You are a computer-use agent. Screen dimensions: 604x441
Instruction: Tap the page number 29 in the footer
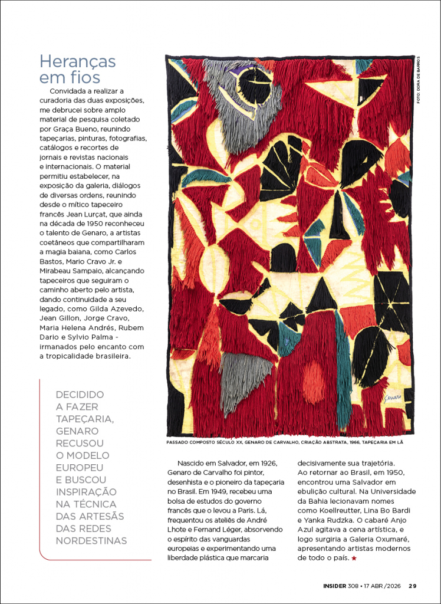pyautogui.click(x=413, y=586)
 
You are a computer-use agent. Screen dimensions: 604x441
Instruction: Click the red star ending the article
pyautogui.click(x=354, y=557)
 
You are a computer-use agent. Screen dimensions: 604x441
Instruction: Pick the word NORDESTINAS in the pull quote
pyautogui.click(x=91, y=541)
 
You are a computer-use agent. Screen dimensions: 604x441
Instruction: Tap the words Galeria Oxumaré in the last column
pyautogui.click(x=371, y=539)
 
